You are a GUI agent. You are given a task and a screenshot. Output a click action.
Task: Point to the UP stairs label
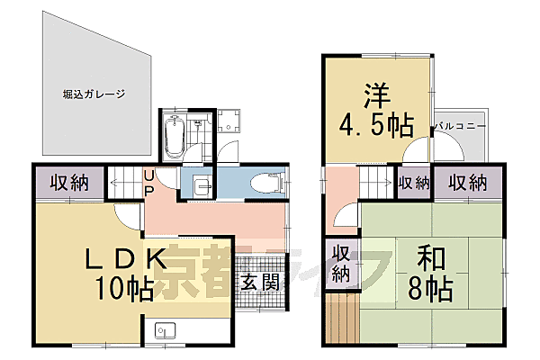[x=148, y=183]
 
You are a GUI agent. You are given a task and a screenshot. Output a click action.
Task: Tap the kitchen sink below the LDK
[x=165, y=329]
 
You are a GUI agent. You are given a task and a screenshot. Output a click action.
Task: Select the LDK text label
[x=126, y=259]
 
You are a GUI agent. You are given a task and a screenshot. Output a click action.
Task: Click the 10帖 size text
[x=126, y=288]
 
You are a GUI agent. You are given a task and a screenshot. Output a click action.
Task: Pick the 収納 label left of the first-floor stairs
[x=68, y=184]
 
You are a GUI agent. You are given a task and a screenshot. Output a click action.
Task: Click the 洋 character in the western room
[x=376, y=92]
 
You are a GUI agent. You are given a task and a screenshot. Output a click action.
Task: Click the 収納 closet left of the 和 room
[x=341, y=262]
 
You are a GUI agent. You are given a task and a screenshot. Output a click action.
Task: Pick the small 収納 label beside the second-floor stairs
[x=414, y=184]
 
